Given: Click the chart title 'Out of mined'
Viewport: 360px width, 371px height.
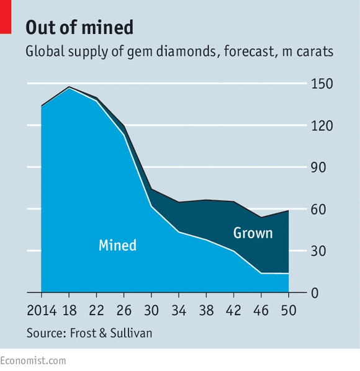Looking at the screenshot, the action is pyautogui.click(x=79, y=27).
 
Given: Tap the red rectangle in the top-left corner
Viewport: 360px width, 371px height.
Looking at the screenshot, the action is pyautogui.click(x=6, y=17).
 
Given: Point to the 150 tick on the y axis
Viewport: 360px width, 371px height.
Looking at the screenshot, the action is pyautogui.click(x=322, y=84).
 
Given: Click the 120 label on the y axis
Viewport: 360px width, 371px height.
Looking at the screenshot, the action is pyautogui.click(x=322, y=126).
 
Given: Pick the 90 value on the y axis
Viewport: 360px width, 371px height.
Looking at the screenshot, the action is pyautogui.click(x=318, y=168).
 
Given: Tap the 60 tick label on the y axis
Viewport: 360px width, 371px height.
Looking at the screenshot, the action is pyautogui.click(x=318, y=209).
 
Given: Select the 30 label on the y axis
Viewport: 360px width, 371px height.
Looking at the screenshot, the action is pyautogui.click(x=318, y=251).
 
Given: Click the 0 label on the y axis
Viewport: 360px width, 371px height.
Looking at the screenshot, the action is pyautogui.click(x=315, y=293).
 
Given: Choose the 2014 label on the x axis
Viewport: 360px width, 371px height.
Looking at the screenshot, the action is pyautogui.click(x=42, y=310).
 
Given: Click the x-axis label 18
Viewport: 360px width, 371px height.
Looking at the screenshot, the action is pyautogui.click(x=70, y=310).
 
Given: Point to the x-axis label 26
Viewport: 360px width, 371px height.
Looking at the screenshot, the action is pyautogui.click(x=124, y=310).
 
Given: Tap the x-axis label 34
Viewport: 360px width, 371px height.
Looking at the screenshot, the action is pyautogui.click(x=179, y=310).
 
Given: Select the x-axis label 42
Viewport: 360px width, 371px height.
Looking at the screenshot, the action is pyautogui.click(x=233, y=310).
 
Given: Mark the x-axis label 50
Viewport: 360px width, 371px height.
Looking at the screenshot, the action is pyautogui.click(x=289, y=310).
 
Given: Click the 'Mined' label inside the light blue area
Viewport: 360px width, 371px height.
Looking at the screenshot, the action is pyautogui.click(x=118, y=245).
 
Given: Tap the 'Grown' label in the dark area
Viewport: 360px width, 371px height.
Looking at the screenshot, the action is pyautogui.click(x=253, y=233).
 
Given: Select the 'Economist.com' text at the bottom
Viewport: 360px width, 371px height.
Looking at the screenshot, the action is pyautogui.click(x=33, y=361).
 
